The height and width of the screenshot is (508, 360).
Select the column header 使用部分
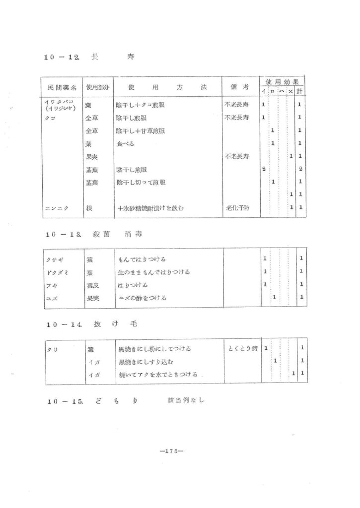click(x=97, y=87)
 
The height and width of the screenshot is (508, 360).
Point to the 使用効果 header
click(x=282, y=81)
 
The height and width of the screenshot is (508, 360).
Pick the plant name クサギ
click(x=52, y=259)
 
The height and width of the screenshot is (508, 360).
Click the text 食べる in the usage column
click(x=125, y=144)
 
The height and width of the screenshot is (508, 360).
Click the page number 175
click(x=172, y=451)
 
